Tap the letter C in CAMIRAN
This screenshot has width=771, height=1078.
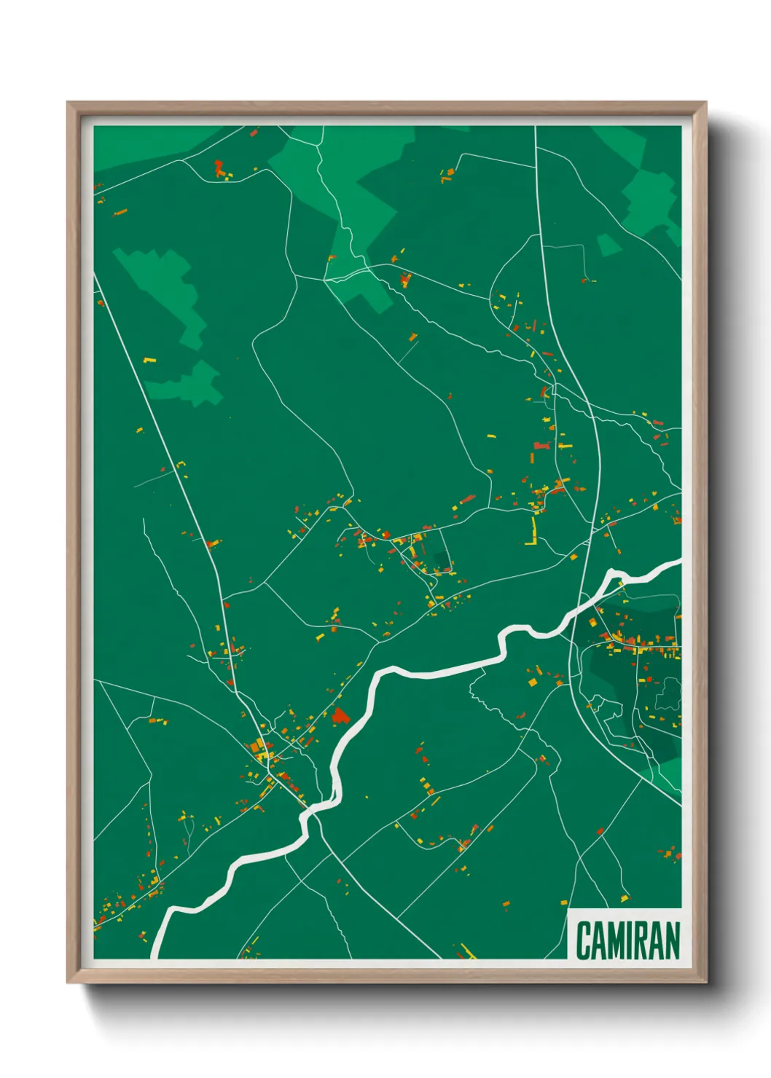[x=584, y=940]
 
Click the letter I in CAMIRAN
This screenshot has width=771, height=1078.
[x=633, y=940]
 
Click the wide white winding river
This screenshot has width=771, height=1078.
[x=437, y=672]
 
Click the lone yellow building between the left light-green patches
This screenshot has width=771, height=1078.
[x=149, y=360]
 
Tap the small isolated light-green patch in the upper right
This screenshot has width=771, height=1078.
[x=608, y=245]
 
